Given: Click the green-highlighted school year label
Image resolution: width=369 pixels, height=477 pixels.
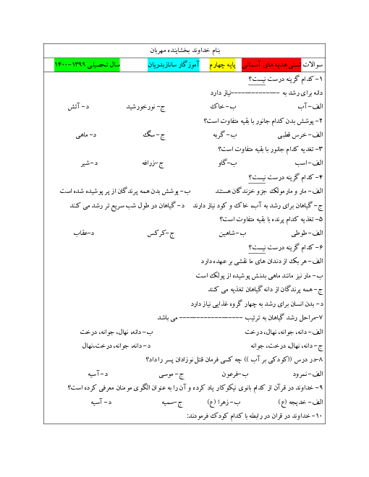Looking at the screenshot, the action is [87, 65].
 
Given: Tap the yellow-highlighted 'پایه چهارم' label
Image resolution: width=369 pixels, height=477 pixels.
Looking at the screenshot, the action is [223, 65].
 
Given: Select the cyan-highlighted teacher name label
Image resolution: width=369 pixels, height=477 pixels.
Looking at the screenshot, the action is [174, 65].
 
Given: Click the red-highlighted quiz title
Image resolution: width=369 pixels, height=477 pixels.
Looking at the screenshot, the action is [271, 65].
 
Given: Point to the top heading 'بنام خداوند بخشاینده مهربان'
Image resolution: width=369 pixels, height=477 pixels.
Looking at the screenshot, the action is [184, 51].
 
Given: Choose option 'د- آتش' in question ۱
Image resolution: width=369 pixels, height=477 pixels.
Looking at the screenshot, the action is [79, 107].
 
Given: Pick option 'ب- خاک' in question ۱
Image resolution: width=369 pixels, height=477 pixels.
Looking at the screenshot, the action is [223, 106].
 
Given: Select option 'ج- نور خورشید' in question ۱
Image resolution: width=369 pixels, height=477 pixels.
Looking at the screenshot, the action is [146, 107].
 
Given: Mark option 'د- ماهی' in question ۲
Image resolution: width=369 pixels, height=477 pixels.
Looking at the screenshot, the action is [86, 135].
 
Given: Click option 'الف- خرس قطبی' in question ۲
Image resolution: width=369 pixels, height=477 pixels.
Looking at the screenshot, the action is [300, 135].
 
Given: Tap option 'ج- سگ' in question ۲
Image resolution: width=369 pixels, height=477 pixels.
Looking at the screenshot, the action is [154, 135].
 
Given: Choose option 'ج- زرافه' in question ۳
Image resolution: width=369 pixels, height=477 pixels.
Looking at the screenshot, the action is [153, 163].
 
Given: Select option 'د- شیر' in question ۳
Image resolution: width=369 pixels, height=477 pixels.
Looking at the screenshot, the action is [90, 163].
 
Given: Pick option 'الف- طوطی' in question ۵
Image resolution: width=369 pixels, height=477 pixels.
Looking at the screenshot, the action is [307, 233].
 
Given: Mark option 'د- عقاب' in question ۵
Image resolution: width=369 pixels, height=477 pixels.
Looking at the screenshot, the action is [84, 233].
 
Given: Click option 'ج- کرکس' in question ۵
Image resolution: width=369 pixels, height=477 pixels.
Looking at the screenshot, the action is [161, 233].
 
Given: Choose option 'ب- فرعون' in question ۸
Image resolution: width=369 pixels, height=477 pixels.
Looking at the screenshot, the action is [235, 374].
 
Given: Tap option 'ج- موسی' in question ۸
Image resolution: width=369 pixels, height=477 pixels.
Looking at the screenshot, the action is [171, 374].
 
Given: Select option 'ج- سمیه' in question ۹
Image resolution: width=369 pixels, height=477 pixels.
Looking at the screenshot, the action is [172, 403].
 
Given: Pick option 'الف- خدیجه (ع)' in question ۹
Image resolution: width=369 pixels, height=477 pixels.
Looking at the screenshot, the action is [300, 402].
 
